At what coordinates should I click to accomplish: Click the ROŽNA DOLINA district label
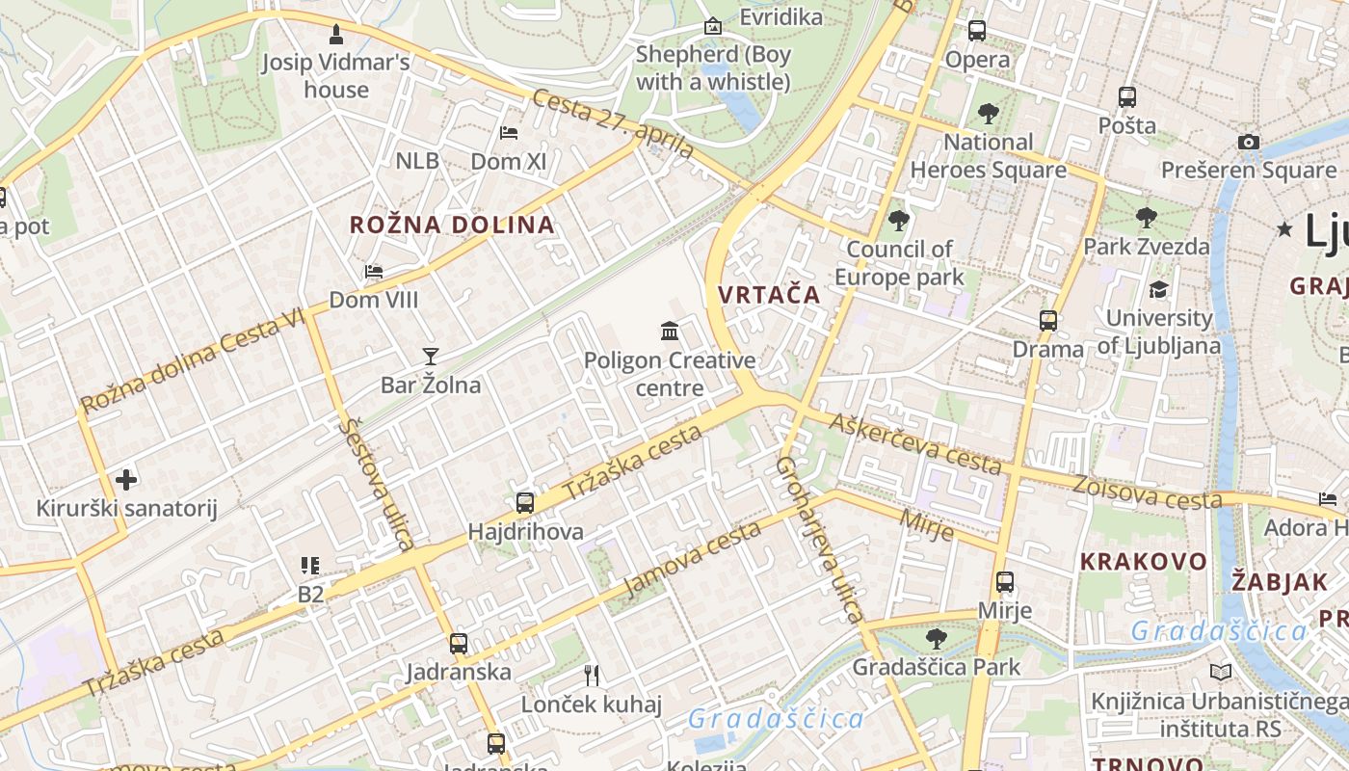452,226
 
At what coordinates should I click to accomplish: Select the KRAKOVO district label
1143,561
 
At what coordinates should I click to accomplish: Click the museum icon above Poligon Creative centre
670,332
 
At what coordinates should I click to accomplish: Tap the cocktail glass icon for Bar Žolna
430,357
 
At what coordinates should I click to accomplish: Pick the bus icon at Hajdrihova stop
525,502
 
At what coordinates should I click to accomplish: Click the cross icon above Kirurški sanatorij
126,479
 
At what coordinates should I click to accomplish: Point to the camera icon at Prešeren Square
1249,142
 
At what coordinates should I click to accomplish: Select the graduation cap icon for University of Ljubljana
1158,289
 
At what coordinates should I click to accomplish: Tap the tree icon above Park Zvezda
1146,217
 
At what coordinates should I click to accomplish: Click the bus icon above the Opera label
977,31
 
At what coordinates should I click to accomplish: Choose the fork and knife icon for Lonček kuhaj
592,675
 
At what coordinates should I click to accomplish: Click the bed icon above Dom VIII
374,272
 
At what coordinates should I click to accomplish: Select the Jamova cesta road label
693,560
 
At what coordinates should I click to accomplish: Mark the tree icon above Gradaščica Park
936,638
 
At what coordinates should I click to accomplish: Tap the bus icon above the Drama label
1048,321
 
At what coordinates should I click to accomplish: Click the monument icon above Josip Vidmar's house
335,36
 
